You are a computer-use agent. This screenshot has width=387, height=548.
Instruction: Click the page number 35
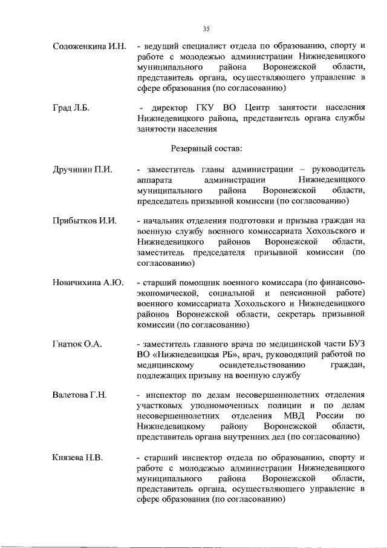point(206,28)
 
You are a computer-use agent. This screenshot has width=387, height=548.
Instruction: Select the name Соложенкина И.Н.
point(89,46)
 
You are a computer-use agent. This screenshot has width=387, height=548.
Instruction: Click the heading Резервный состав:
point(206,148)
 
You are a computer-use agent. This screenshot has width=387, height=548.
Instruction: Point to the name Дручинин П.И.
point(82,170)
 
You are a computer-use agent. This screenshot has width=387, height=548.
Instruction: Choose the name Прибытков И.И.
point(84,221)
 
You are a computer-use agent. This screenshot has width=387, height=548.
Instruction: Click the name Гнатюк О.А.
point(77,344)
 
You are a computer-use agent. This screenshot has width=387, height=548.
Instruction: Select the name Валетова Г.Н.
point(80,395)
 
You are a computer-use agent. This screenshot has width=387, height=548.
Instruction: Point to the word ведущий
point(159,46)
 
